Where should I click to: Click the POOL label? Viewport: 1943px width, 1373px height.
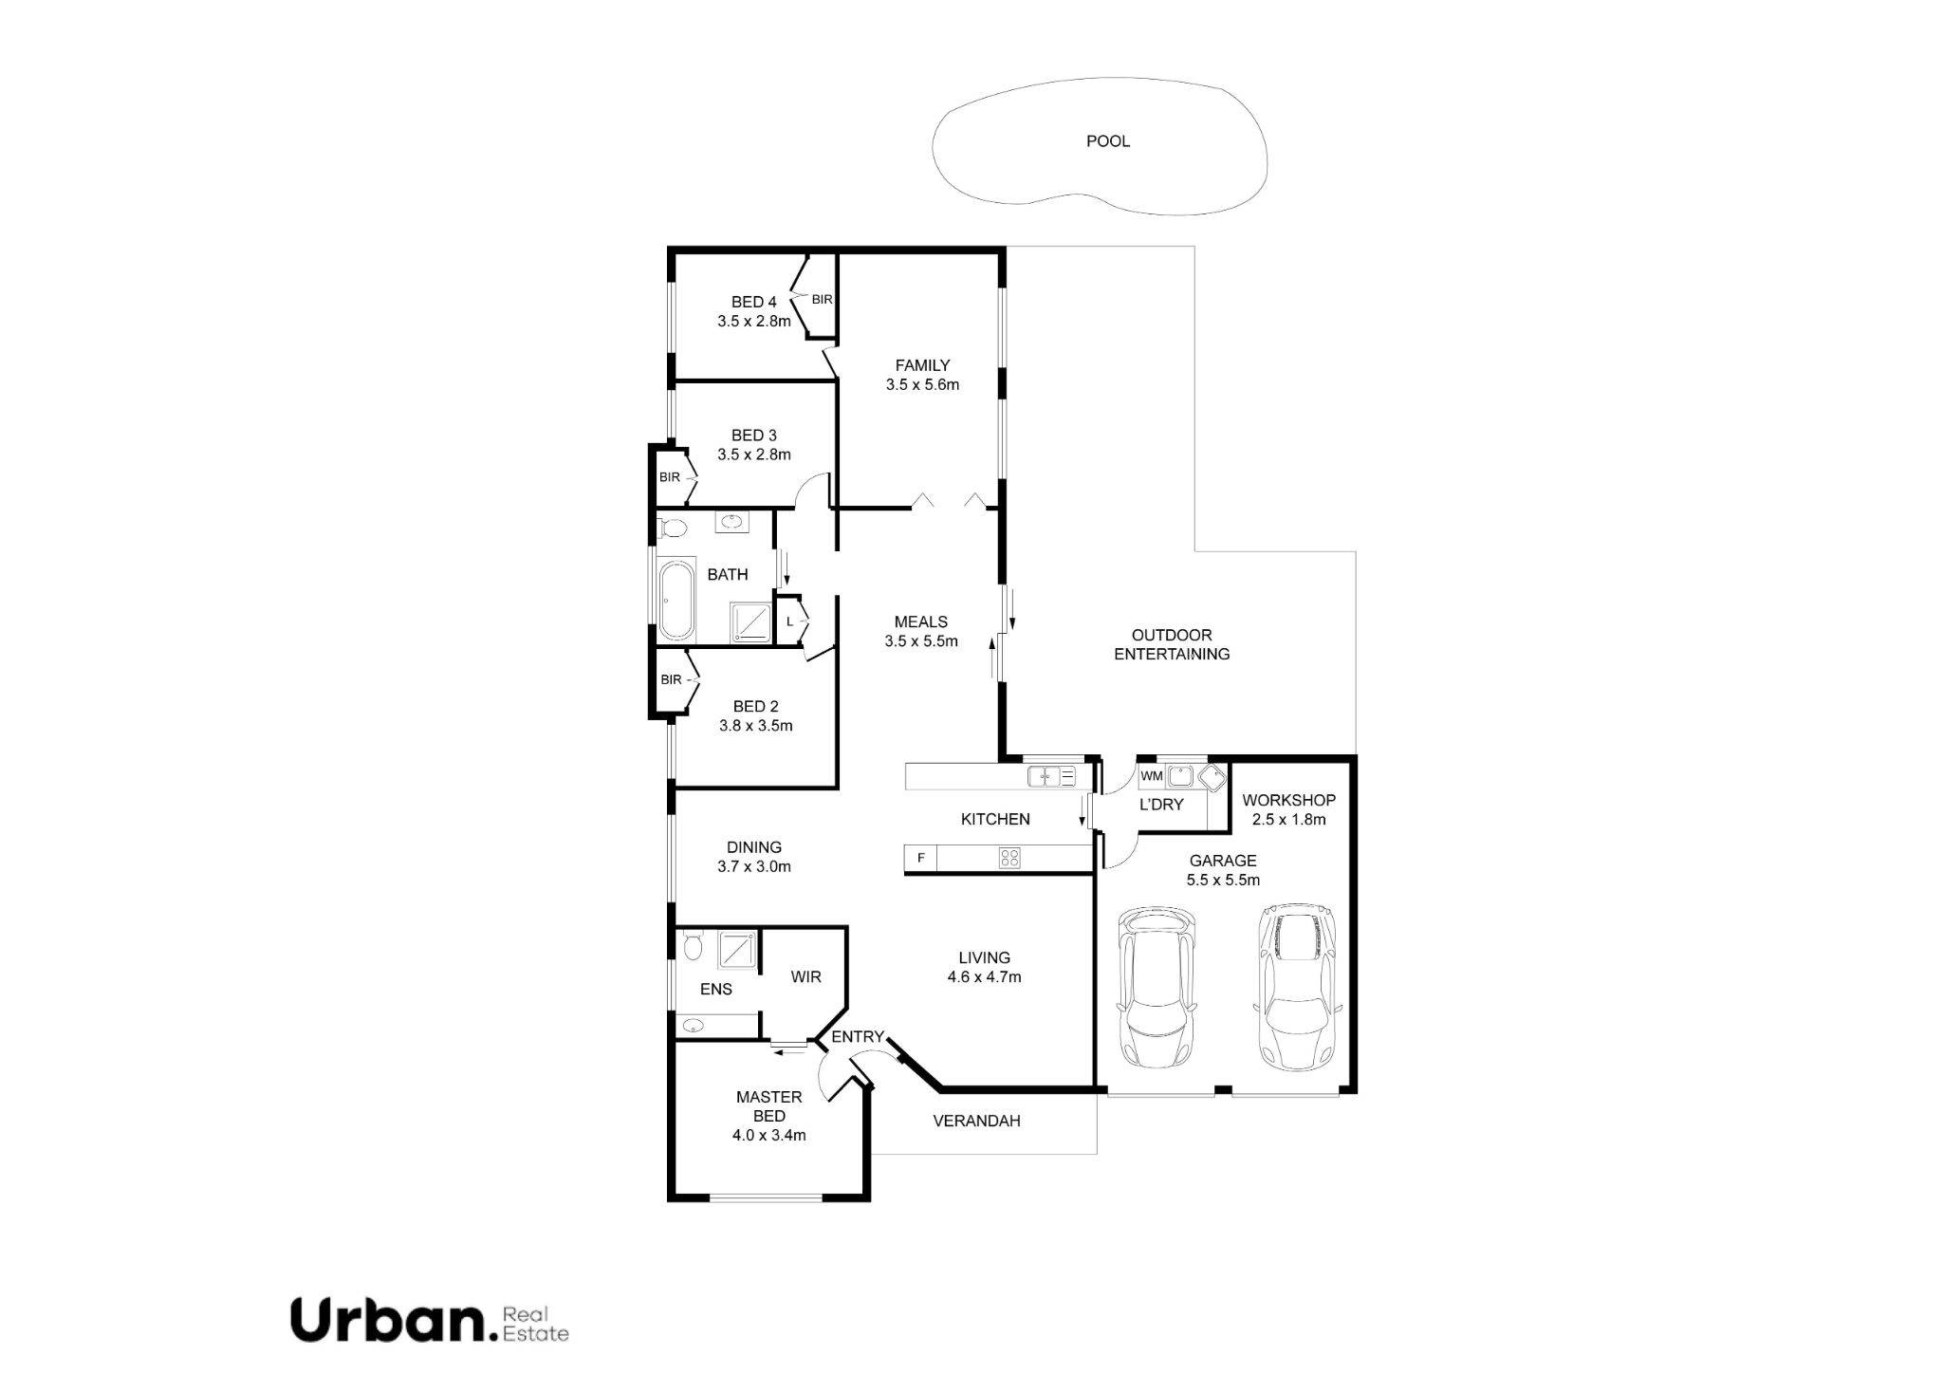coord(1107,141)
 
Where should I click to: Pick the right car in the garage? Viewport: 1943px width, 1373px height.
coord(1297,987)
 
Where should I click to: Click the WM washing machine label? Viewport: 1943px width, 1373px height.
coord(1152,776)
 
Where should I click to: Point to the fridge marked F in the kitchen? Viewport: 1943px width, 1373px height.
coord(919,859)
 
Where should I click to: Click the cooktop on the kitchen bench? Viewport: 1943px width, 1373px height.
coord(1009,859)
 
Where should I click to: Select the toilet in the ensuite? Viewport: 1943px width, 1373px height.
coord(692,946)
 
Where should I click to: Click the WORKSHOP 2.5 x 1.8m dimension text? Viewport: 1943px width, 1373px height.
coord(1288,820)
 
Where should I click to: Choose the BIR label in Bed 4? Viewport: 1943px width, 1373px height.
coord(822,300)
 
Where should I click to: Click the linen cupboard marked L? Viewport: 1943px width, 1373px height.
coord(789,622)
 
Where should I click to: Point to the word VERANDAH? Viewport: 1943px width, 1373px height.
coord(976,1121)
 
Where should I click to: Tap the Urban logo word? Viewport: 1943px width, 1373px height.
coord(387,1320)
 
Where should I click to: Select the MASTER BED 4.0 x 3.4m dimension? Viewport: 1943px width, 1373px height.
coord(769,1135)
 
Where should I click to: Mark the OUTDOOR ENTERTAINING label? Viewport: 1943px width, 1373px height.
coord(1172,644)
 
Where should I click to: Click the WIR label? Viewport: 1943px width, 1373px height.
coord(805,976)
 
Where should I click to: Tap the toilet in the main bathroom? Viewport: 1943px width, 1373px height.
coord(675,527)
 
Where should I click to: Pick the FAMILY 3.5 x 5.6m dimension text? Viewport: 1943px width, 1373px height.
coord(922,385)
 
